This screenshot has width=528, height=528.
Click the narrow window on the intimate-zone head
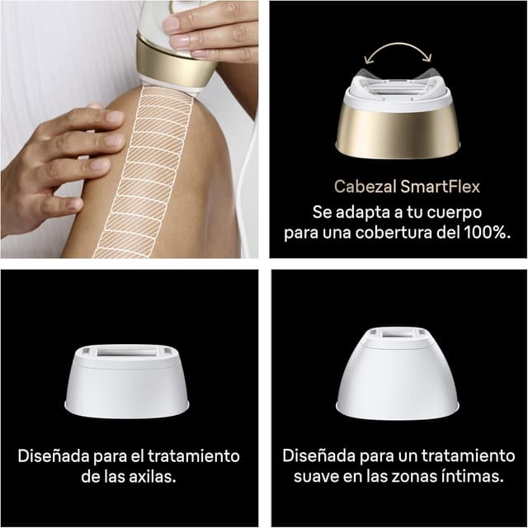click(x=399, y=334)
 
